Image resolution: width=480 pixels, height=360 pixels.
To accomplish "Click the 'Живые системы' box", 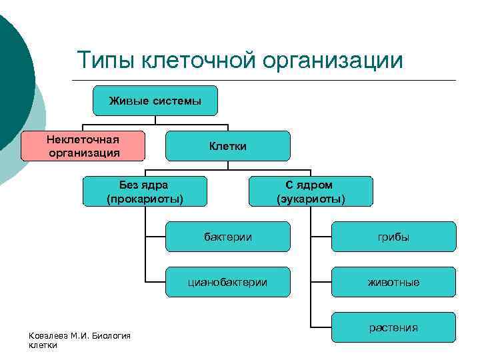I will tap(155, 101).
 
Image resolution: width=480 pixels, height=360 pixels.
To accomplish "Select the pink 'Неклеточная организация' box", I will tap(83, 146).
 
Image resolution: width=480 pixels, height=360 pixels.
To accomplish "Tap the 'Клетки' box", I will tap(227, 146).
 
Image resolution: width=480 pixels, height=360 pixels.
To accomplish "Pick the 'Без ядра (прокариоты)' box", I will tap(144, 191).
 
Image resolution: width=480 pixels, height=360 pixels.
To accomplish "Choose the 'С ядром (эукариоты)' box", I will tap(310, 191).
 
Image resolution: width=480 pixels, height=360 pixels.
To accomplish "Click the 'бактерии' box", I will tap(227, 237).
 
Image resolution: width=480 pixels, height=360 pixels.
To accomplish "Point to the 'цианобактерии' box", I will tap(227, 282).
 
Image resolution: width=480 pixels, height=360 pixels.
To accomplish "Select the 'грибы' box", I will tap(393, 237).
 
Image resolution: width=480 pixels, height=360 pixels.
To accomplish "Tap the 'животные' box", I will tap(393, 282).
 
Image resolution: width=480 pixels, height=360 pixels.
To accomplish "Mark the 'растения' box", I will tap(393, 327).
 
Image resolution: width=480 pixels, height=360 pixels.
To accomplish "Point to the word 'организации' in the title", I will tap(333, 61).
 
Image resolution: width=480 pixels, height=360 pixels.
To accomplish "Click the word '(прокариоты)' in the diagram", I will tap(144, 198).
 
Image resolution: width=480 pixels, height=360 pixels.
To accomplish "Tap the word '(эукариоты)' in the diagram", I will tap(310, 198).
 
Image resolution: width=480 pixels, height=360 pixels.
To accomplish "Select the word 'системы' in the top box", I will tap(177, 101).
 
